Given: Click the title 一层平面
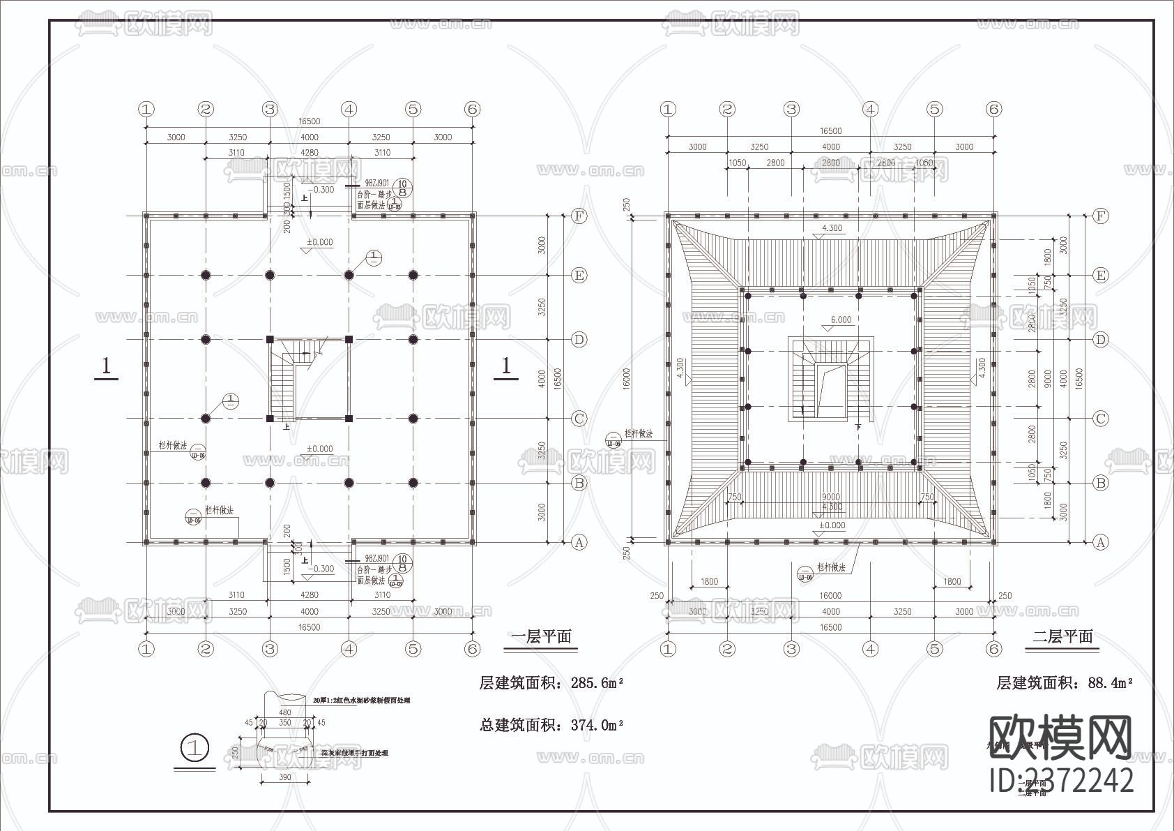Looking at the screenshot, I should pyautogui.click(x=541, y=636).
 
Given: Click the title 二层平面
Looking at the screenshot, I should pyautogui.click(x=1062, y=636).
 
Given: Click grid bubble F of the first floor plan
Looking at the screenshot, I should pyautogui.click(x=579, y=216).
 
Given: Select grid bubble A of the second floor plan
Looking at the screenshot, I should pyautogui.click(x=1100, y=541).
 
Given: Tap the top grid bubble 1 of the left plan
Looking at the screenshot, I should pyautogui.click(x=146, y=109).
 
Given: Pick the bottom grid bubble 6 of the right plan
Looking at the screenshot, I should pyautogui.click(x=994, y=649).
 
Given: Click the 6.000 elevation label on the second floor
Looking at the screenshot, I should pyautogui.click(x=840, y=320).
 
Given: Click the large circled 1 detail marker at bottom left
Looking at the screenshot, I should pyautogui.click(x=195, y=748).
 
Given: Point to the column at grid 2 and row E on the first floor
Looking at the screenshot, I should pyautogui.click(x=206, y=275).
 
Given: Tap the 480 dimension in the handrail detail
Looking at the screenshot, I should pyautogui.click(x=284, y=712).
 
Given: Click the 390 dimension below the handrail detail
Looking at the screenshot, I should pyautogui.click(x=285, y=777).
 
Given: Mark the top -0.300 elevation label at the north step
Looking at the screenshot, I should pyautogui.click(x=321, y=189).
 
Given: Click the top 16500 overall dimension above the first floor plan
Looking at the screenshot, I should pyautogui.click(x=309, y=121).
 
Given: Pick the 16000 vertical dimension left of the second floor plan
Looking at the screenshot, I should pyautogui.click(x=627, y=377).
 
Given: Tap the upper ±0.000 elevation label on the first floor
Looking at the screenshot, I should pyautogui.click(x=320, y=242).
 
